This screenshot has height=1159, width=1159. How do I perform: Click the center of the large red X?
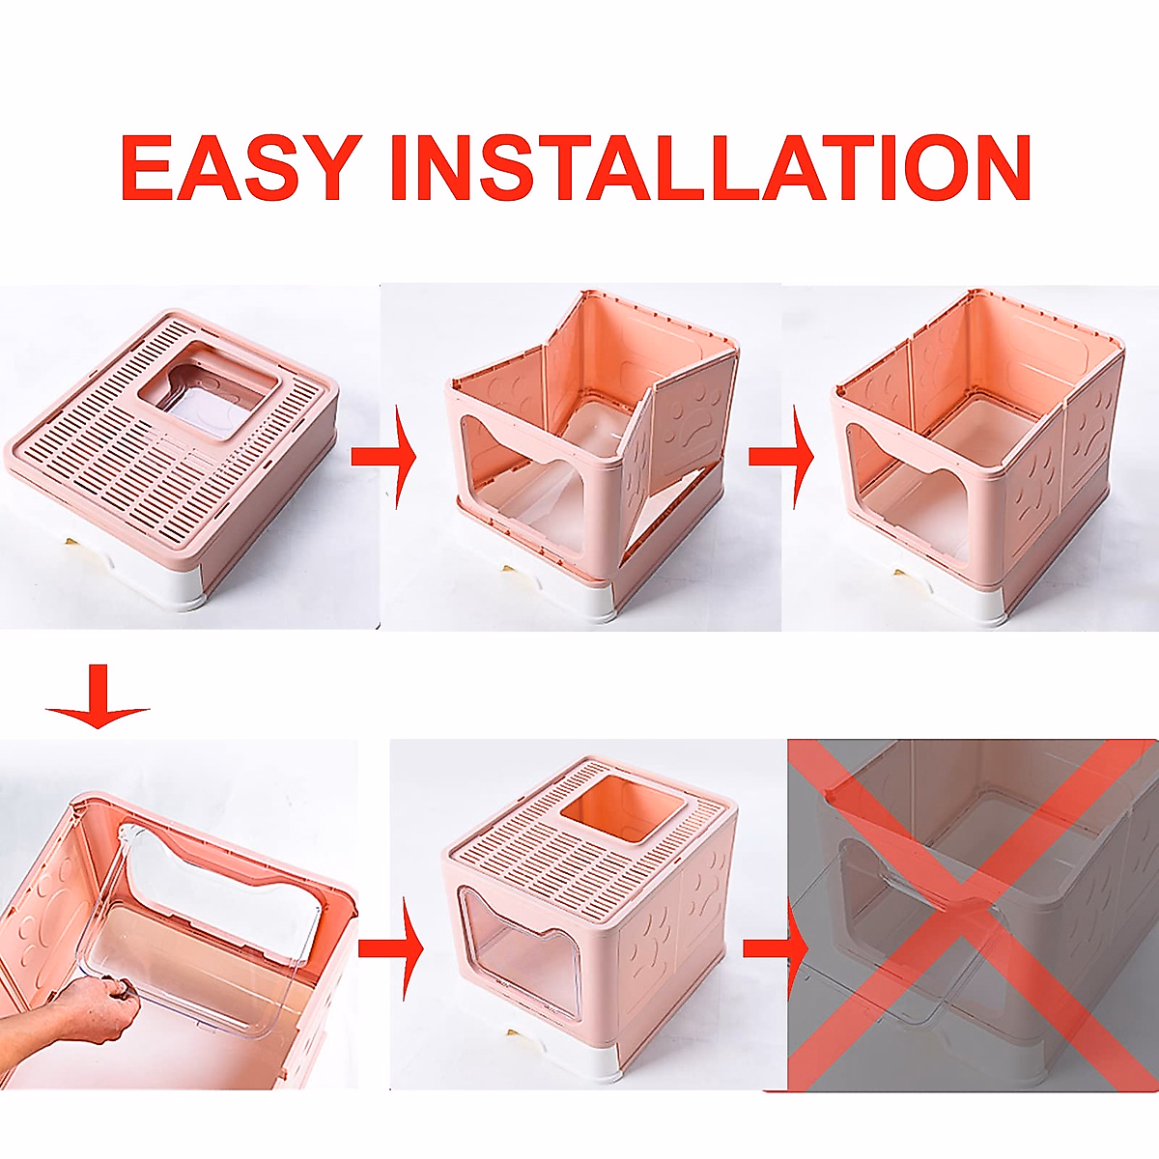click(971, 913)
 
